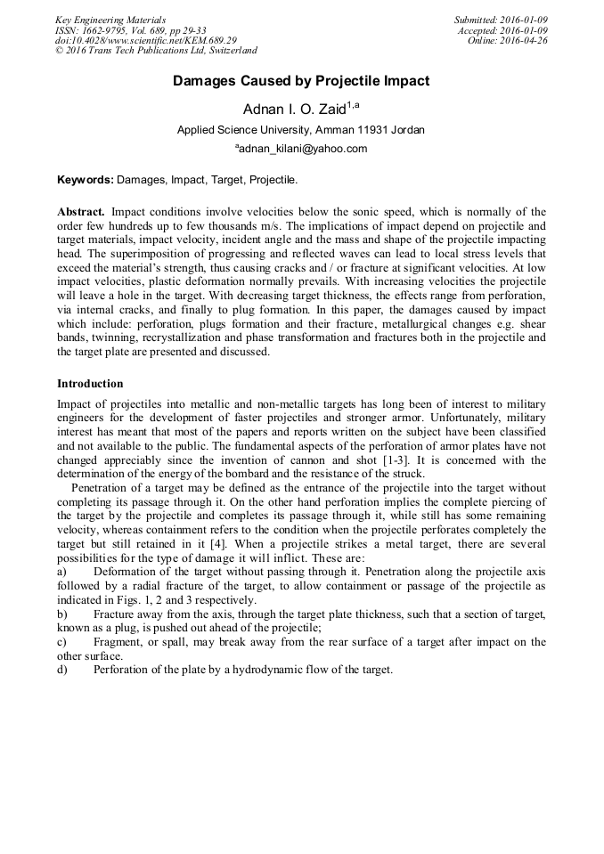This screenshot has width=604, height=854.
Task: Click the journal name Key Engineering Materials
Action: point(110,20)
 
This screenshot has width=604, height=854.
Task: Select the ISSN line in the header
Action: point(131,30)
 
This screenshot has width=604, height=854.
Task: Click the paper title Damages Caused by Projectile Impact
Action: point(301,81)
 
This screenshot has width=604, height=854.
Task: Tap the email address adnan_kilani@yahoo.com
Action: point(302,149)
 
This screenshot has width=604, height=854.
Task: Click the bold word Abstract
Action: point(81,212)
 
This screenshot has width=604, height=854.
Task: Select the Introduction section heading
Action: point(90,384)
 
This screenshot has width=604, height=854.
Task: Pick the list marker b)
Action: point(62,614)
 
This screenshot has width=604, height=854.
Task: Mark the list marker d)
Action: point(62,669)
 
